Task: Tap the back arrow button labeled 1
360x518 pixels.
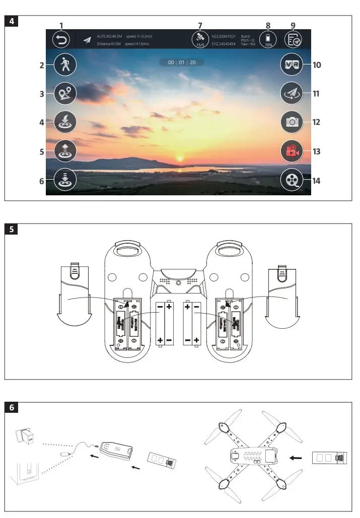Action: point(61,39)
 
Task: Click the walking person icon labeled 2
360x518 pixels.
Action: point(66,65)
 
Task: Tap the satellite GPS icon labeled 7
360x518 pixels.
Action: point(200,39)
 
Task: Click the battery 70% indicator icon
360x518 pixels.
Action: point(268,39)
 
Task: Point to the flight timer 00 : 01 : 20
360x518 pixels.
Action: point(182,62)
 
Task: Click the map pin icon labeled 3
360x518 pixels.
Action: point(66,93)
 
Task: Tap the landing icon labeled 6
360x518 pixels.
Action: point(66,180)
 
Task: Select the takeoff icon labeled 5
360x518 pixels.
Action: point(66,151)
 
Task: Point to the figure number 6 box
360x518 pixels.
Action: point(11,408)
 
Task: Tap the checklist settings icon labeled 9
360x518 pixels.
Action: point(293,39)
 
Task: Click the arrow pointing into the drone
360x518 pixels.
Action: point(297,458)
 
